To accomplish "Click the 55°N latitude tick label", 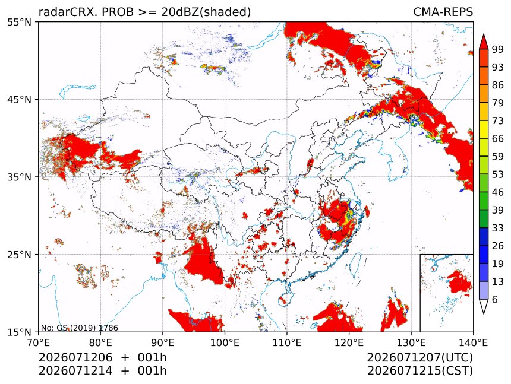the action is point(19,22).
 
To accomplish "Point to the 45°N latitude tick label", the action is point(19,100).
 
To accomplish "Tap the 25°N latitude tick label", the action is point(19,255).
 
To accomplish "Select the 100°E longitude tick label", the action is point(225,342).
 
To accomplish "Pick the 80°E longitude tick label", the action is point(100,342).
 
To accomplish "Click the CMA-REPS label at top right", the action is point(443,12).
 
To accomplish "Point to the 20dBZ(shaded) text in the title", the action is point(206,12).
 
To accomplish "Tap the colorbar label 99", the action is point(498,49).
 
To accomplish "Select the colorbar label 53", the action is point(498,174).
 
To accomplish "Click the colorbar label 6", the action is point(495,299).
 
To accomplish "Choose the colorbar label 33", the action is point(498,228).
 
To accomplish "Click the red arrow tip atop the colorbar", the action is point(484,34).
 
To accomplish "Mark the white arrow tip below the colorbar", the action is point(484,314).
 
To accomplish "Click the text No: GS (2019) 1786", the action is point(80,328).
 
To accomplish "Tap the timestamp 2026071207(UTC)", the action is point(419,357).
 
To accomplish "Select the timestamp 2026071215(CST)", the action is point(419,371).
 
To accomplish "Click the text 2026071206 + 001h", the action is point(103,357).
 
